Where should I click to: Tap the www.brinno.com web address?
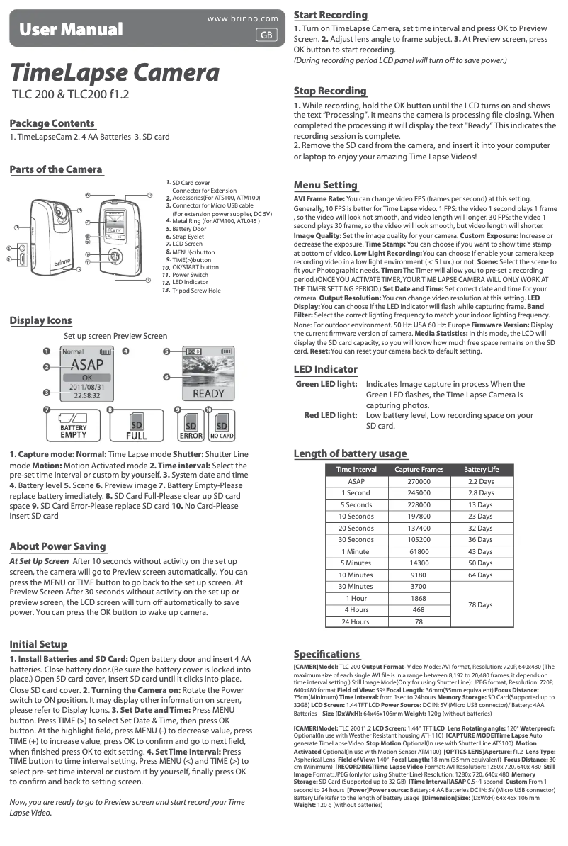[242, 18]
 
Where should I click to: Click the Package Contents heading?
[52, 123]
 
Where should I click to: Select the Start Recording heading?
[331, 15]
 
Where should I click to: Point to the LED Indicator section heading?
[326, 369]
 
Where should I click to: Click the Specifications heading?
[326, 653]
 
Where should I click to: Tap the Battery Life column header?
[481, 469]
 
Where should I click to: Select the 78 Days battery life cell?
[481, 604]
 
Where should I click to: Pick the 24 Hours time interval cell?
[355, 621]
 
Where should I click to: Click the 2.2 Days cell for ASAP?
[481, 481]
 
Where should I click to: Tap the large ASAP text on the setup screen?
[82, 365]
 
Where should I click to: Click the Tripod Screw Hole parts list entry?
[196, 291]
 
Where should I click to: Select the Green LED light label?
[326, 384]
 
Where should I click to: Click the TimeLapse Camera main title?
[114, 72]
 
